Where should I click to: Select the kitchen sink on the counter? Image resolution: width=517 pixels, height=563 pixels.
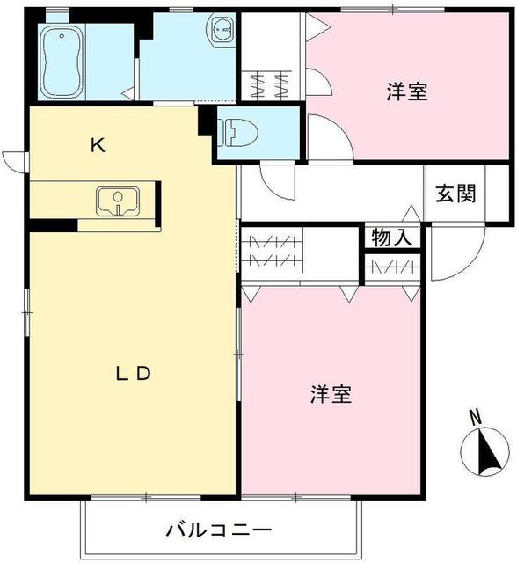[x=115, y=201]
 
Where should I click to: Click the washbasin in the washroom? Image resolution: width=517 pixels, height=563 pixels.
[x=220, y=31]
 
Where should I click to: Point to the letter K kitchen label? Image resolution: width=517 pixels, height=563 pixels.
[x=98, y=146]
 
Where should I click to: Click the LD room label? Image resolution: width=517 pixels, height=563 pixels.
[x=135, y=373]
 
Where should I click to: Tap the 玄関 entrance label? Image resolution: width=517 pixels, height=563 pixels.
[x=455, y=194]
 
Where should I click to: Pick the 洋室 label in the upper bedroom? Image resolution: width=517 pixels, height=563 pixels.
[x=407, y=91]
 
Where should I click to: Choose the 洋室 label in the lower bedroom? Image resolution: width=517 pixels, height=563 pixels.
[x=331, y=395]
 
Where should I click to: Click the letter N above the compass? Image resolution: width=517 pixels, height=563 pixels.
[x=475, y=417]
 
